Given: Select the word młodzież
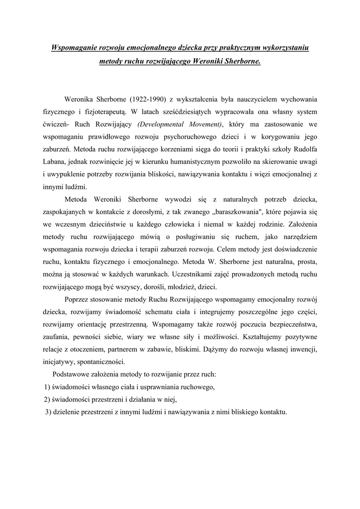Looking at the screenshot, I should coord(180,287).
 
